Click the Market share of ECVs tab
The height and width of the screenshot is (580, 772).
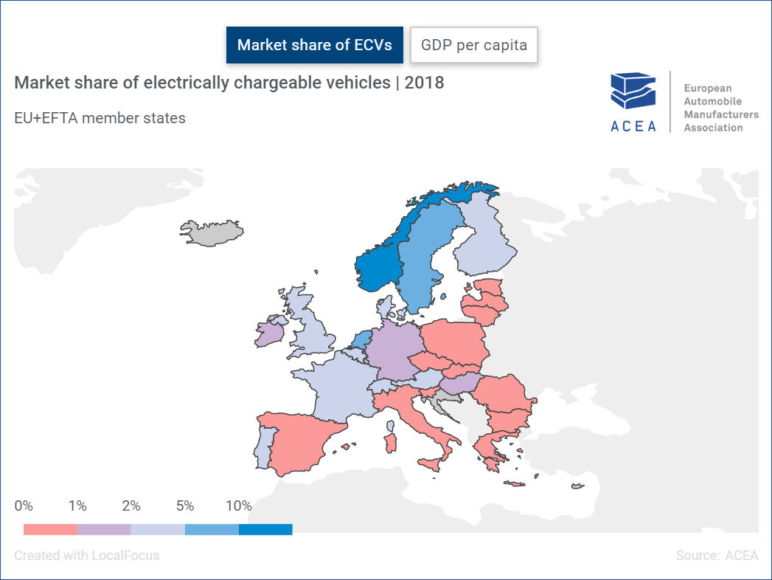click(314, 45)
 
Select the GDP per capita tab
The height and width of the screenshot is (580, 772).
click(474, 45)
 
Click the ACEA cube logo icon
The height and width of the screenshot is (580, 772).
click(633, 92)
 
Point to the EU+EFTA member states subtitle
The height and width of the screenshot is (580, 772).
click(100, 117)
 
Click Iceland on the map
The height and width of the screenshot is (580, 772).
click(211, 232)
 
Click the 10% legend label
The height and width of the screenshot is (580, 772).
click(239, 506)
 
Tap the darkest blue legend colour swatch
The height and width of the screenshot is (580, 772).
click(265, 529)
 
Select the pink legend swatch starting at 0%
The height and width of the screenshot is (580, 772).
click(50, 529)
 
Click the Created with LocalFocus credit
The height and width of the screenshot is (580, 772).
click(86, 555)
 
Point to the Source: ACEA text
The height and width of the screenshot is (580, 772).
click(717, 555)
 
